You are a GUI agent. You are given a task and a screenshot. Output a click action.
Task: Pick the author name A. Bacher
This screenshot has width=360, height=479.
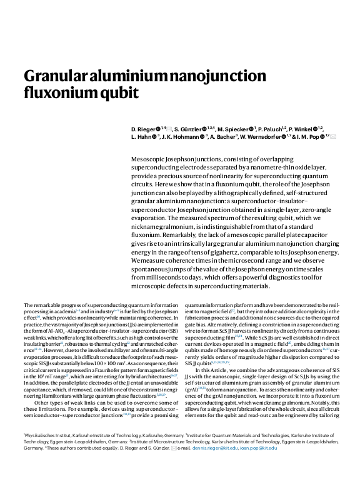223,136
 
